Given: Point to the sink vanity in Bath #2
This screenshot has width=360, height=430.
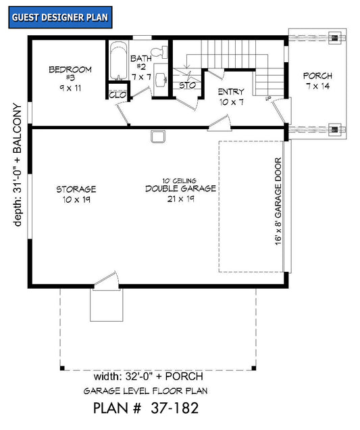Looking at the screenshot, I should pos(161,78).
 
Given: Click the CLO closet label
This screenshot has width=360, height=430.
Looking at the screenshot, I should pos(117,95).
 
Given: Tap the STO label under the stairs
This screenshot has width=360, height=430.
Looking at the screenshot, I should pos(187,86).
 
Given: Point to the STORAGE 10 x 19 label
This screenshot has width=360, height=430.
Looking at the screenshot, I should pos(76,194).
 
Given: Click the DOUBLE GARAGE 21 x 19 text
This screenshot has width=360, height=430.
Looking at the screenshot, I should pos(180,189).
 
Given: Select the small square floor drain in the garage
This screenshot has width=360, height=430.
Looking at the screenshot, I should pos(158,137).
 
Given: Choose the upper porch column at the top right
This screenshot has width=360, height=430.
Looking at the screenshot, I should pos(334,38).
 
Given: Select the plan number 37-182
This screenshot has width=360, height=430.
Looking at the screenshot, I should pos(145,408).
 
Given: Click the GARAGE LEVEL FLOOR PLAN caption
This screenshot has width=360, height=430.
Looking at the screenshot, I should pos(145,391).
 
